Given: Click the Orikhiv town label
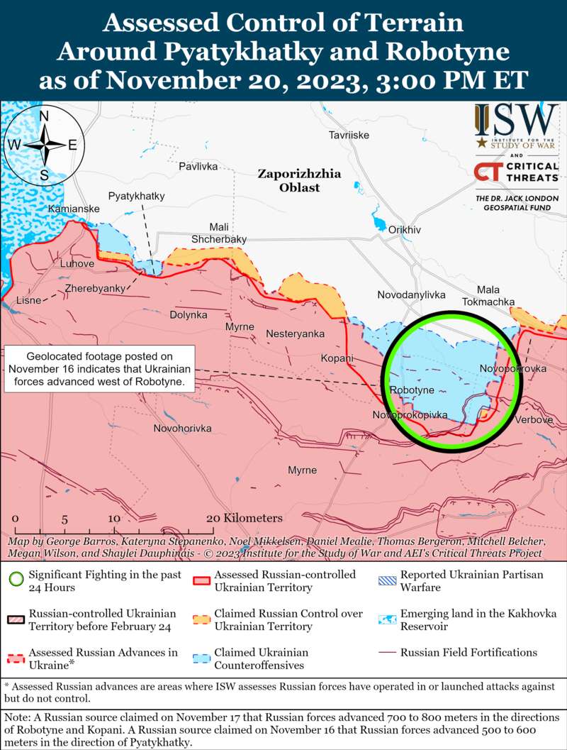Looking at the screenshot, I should (405, 229).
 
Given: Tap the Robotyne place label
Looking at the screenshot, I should (412, 390).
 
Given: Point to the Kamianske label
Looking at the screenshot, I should (74, 209).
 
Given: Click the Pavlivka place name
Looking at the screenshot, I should (198, 166).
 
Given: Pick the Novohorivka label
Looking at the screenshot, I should (183, 429).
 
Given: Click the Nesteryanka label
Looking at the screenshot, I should (295, 333).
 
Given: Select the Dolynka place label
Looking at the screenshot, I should (189, 314).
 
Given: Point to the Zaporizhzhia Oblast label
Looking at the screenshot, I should (299, 180).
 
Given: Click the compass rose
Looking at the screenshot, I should (44, 145).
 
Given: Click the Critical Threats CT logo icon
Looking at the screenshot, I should (487, 172).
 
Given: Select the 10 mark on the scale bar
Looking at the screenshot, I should (114, 519).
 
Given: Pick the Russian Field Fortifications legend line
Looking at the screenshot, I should (386, 653).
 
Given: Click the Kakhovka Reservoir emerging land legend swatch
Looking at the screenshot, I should (386, 620).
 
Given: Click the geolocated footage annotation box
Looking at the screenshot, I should (100, 369).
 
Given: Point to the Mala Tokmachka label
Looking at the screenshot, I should (488, 295).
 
